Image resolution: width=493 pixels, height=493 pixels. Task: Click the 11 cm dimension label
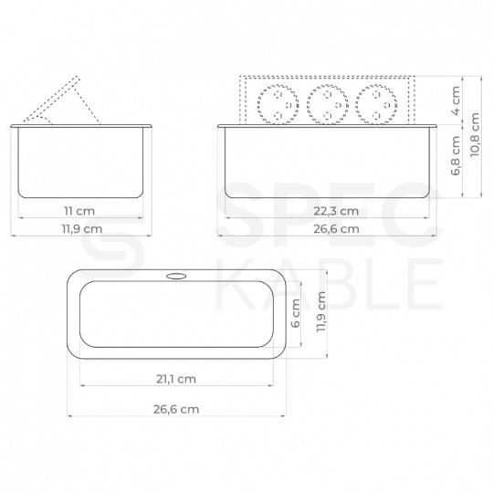[x=79, y=211]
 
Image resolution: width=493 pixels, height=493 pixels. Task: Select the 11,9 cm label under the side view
[x=79, y=229]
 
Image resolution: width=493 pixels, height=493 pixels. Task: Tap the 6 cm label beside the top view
[x=296, y=314]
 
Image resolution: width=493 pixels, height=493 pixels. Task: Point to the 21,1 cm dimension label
[x=175, y=378]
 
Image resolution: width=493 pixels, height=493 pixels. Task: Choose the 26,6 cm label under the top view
[x=175, y=409]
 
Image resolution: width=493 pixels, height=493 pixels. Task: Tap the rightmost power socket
[x=380, y=105]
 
